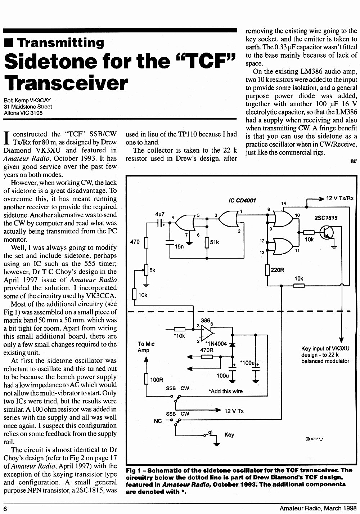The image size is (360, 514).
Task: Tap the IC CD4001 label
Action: click(x=242, y=201)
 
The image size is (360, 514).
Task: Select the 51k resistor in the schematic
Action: click(x=207, y=242)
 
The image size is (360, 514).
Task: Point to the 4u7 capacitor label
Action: click(x=160, y=214)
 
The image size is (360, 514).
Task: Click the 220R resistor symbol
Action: click(x=267, y=270)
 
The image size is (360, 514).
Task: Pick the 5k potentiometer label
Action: click(x=152, y=270)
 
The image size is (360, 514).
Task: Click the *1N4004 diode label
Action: click(x=216, y=344)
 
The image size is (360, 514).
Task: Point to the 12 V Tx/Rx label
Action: click(x=340, y=198)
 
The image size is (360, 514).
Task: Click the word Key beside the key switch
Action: click(x=229, y=435)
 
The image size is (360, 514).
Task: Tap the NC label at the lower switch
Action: click(x=158, y=421)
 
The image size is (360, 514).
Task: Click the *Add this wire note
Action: click(x=225, y=391)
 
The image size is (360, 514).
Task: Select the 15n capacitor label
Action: click(x=179, y=247)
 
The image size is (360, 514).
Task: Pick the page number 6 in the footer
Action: click(x=5, y=509)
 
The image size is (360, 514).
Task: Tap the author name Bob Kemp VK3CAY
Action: click(x=27, y=100)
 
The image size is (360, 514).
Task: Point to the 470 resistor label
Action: click(x=135, y=242)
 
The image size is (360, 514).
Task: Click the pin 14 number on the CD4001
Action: click(x=284, y=203)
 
